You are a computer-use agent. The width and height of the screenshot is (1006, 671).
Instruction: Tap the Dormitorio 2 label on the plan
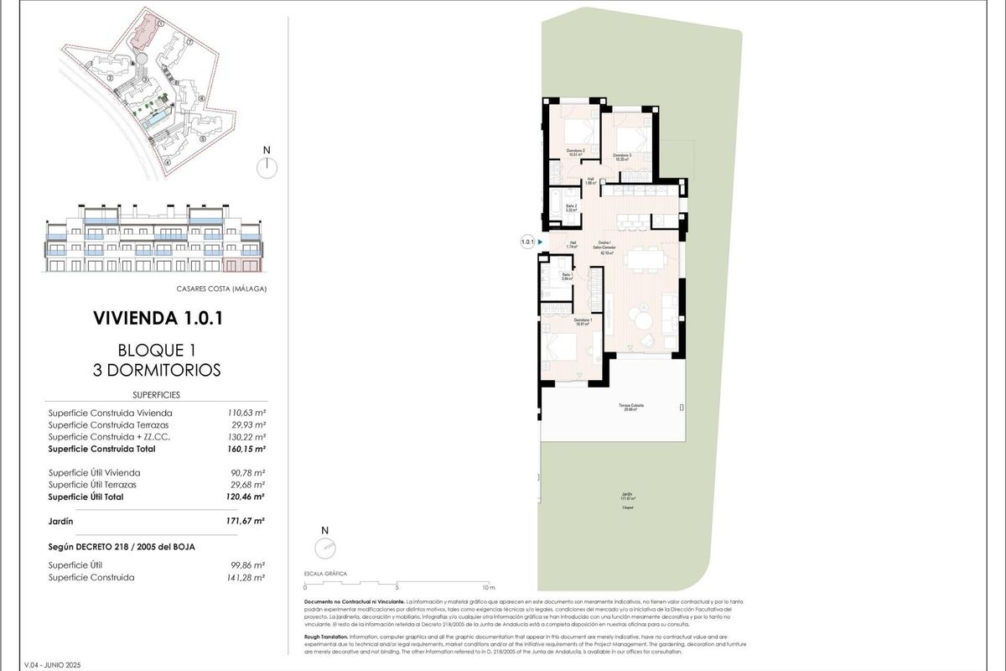[x=575, y=153]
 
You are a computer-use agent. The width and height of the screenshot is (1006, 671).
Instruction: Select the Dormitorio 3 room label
[x=621, y=157]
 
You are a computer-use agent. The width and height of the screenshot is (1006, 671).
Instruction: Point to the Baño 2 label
[x=571, y=208]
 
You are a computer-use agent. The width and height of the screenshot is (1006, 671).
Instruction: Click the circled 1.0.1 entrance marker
[x=527, y=242]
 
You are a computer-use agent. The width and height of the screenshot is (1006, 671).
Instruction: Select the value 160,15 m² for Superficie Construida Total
[x=247, y=449]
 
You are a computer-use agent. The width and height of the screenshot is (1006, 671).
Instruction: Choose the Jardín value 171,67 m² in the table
[x=247, y=521]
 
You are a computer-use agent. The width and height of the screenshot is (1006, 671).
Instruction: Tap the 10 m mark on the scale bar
[x=489, y=588]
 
